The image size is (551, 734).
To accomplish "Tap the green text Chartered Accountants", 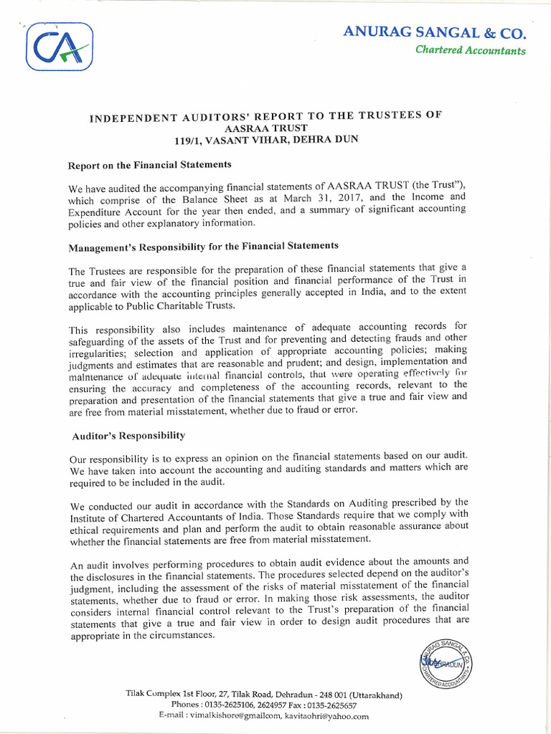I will (x=470, y=51).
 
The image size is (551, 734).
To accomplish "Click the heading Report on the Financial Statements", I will (x=149, y=165).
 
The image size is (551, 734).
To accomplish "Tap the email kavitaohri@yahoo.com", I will (x=326, y=716).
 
